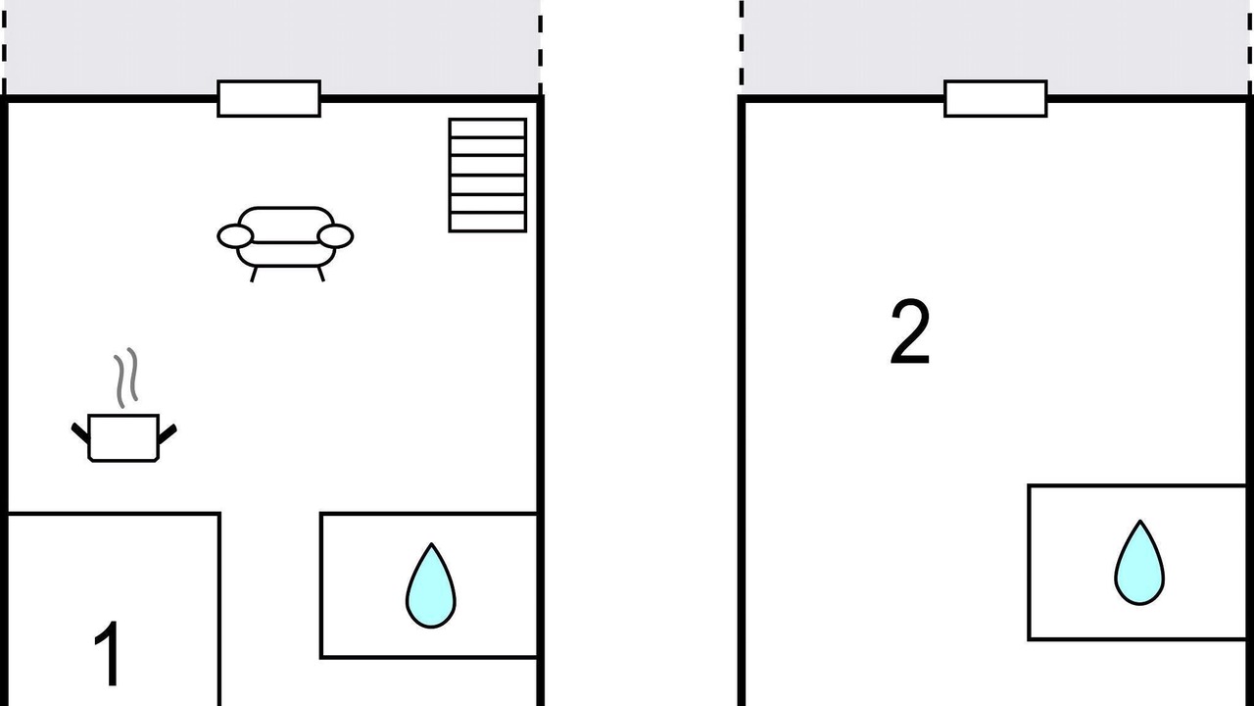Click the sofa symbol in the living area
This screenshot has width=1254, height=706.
(x=285, y=243)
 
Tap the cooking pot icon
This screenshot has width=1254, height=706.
(x=123, y=438)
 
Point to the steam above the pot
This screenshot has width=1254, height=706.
(x=126, y=378)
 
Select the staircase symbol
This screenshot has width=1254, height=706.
(x=488, y=175)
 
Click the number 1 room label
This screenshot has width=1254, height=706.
(x=108, y=653)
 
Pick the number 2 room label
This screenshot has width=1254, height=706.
(x=910, y=331)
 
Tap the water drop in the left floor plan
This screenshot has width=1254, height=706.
(x=430, y=585)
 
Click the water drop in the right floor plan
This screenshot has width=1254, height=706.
(x=1139, y=563)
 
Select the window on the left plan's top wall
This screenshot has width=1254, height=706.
(x=268, y=99)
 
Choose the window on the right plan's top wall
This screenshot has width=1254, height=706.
(x=995, y=99)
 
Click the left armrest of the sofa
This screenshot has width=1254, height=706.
(x=235, y=236)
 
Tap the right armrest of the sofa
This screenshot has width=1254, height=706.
(x=335, y=236)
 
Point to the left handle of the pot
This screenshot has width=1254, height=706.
(x=80, y=433)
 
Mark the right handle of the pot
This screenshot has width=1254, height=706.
(x=168, y=433)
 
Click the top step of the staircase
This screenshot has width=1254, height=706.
(x=488, y=127)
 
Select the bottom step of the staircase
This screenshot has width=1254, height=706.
(x=488, y=222)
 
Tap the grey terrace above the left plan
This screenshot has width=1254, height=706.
(x=272, y=47)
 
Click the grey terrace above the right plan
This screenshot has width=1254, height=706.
(x=995, y=47)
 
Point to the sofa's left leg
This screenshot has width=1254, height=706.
(x=253, y=274)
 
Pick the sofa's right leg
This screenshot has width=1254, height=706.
(x=320, y=274)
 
